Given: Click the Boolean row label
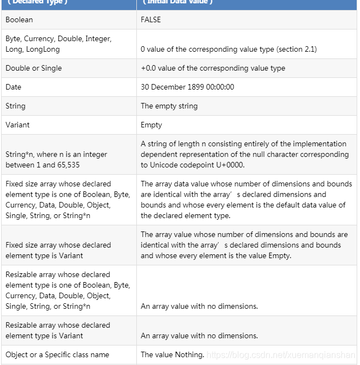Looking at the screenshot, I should tap(19, 19).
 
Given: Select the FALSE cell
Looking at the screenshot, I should tap(151, 19).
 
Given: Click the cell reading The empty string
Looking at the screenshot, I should tap(169, 106).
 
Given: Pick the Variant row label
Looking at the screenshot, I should tap(18, 125).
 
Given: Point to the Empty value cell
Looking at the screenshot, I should tap(151, 125).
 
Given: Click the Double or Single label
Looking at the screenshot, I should tap(33, 68).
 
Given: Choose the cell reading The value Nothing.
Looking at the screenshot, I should tap(172, 354).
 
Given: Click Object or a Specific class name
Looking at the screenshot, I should tap(57, 354).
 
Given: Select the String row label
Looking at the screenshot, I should tap(16, 106).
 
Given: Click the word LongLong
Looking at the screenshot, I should tap(43, 49).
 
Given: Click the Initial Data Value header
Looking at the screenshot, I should tap(177, 2).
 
